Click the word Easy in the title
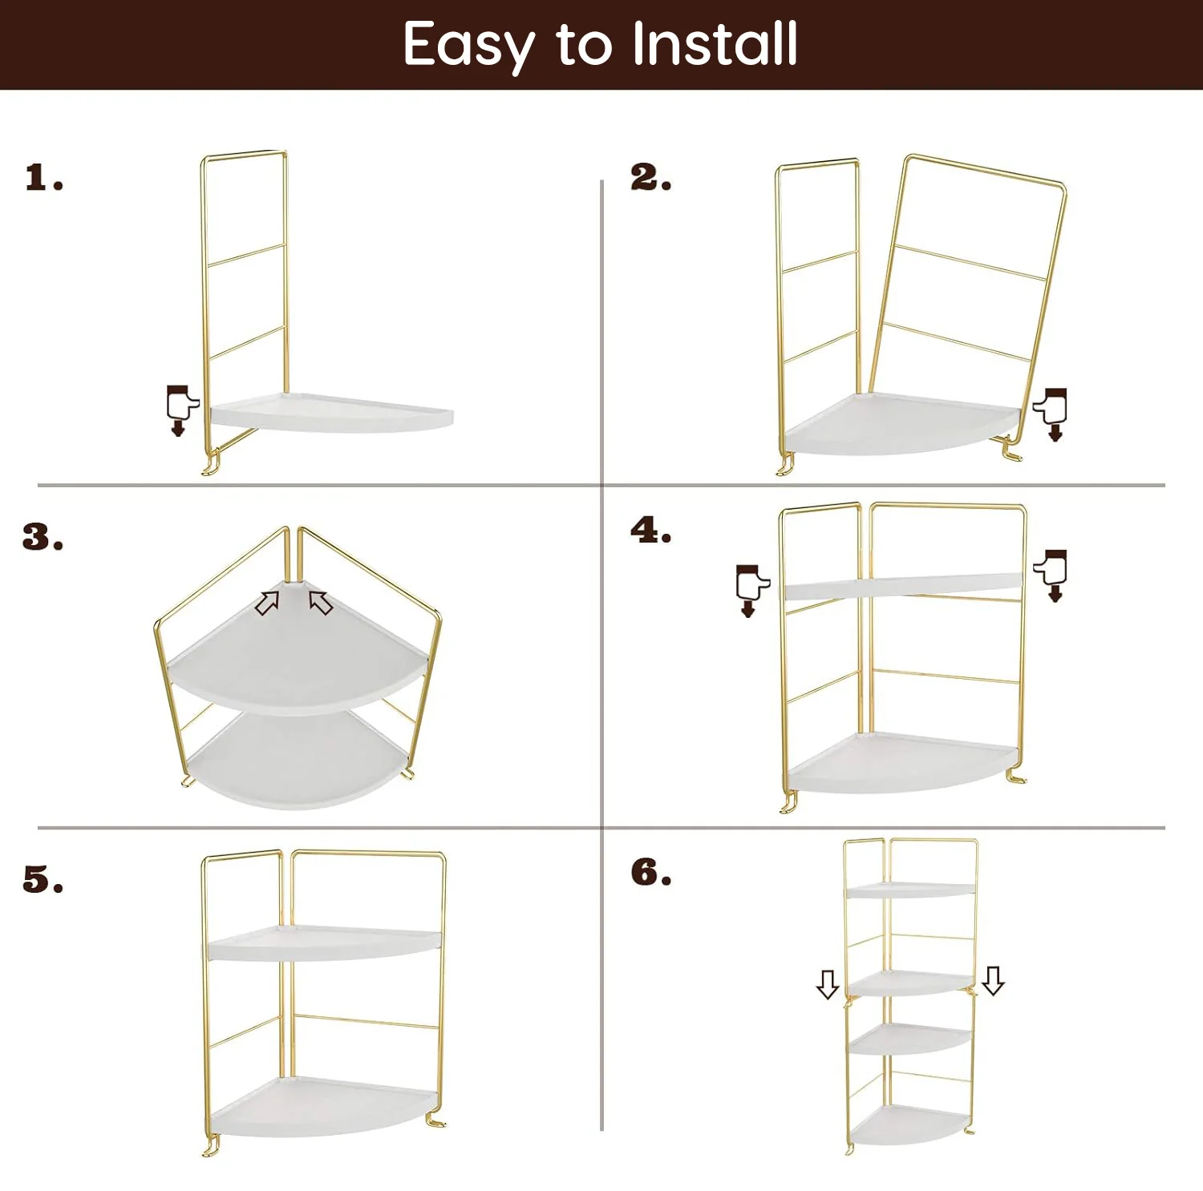468,45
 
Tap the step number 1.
43,178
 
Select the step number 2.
650,178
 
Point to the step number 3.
43,537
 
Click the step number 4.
650,531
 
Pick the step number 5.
43,880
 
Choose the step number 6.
650,873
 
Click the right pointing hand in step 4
1052,572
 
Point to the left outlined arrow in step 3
267,603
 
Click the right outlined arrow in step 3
321,602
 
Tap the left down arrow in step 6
828,983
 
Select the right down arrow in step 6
993,980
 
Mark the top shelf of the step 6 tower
910,890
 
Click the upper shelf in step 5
325,943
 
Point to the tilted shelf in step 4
902,587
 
